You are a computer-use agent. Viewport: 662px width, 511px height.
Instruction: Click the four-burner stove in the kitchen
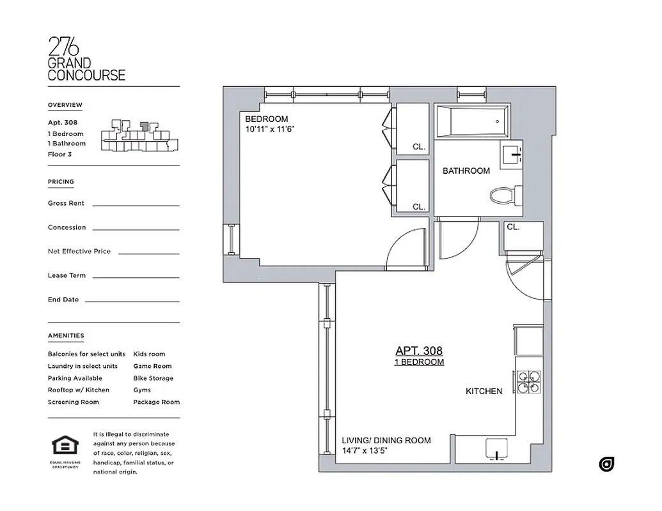tap(529, 382)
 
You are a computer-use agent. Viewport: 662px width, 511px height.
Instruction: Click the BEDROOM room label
tap(267, 119)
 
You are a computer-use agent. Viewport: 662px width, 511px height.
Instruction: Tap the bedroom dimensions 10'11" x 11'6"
tap(269, 130)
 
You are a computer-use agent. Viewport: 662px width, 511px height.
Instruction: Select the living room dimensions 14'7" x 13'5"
tap(365, 451)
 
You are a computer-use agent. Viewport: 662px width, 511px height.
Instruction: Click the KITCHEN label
tap(484, 391)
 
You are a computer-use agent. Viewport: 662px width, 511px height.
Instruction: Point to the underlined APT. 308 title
tap(419, 351)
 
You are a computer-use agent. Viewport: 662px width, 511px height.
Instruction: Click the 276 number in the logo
tap(64, 47)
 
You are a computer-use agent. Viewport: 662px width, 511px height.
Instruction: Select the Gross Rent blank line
tap(136, 205)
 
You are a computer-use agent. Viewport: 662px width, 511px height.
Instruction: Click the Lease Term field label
tap(67, 276)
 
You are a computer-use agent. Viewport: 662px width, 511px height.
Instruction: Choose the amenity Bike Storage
tap(153, 378)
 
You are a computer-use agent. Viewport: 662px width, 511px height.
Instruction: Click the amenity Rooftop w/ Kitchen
tap(78, 390)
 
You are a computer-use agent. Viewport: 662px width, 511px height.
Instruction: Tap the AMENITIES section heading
tap(65, 335)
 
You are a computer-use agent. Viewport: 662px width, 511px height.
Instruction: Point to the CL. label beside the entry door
tap(513, 227)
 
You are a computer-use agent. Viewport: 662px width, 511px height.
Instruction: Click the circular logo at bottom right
tap(606, 464)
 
